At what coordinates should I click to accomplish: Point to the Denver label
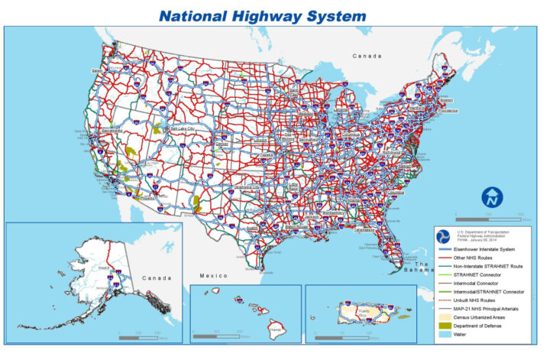click(x=221, y=143)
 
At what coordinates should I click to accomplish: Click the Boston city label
click(x=448, y=100)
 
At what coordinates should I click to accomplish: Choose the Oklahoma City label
click(x=248, y=186)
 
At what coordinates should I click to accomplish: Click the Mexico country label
click(x=215, y=275)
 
